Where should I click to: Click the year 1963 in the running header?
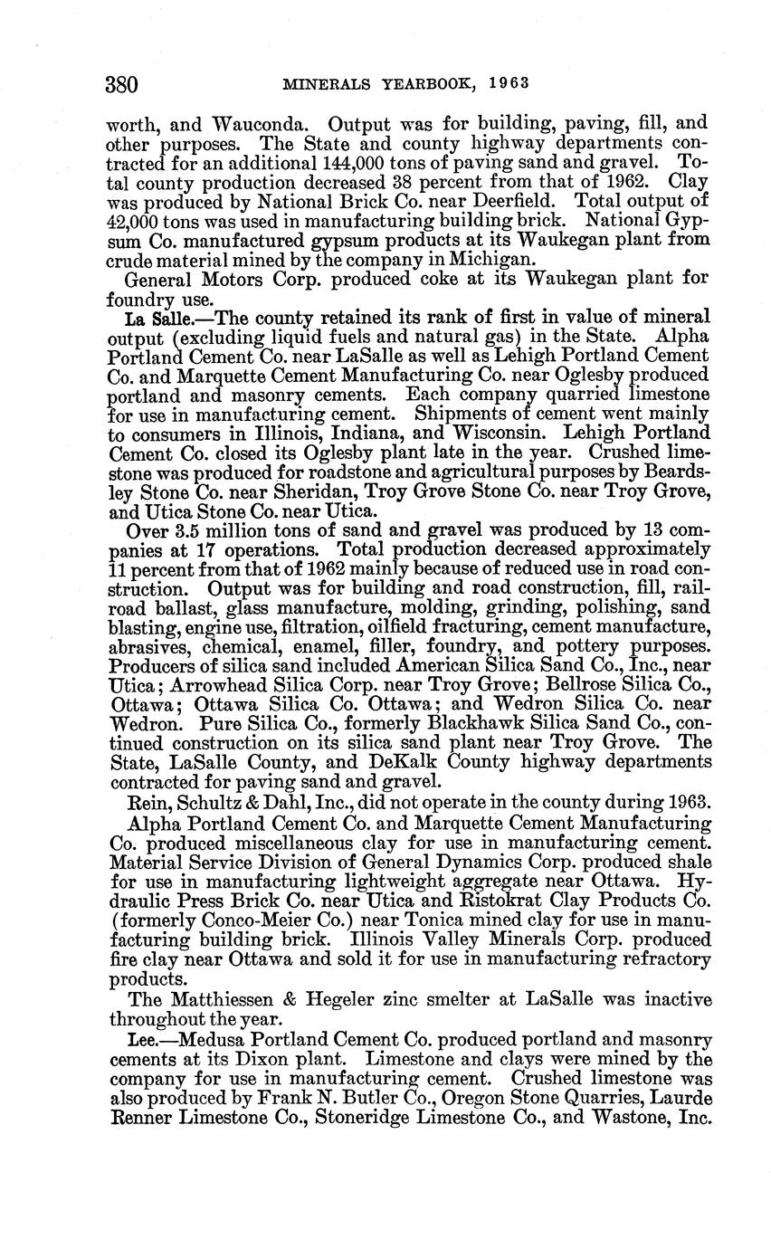pyautogui.click(x=509, y=84)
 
